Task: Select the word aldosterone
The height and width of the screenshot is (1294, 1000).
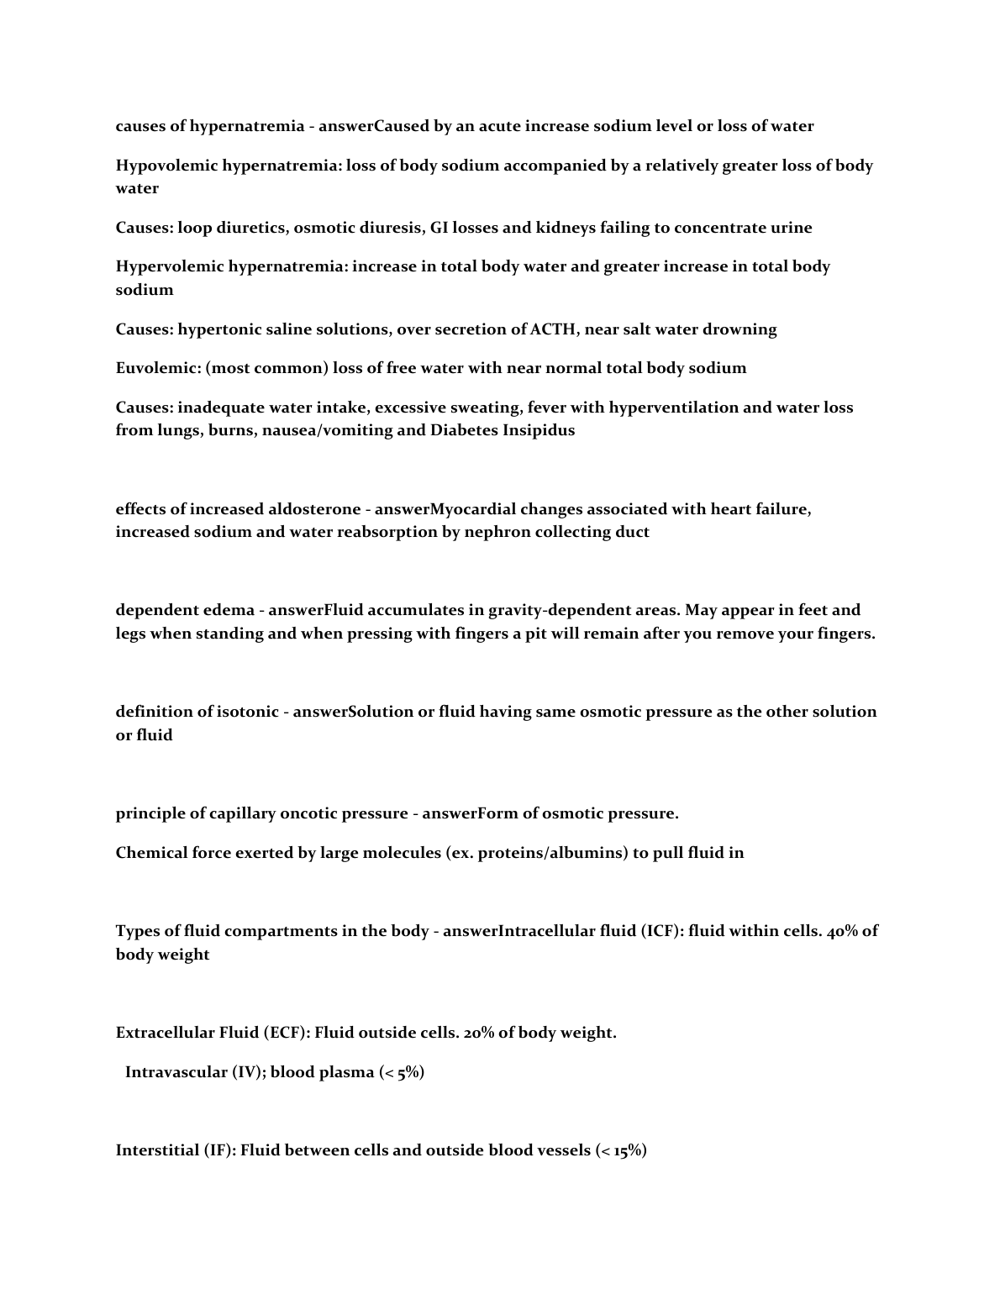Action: (x=314, y=509)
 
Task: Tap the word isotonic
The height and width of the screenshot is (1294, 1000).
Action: (x=248, y=712)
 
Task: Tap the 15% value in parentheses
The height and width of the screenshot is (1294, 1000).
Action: (x=628, y=1150)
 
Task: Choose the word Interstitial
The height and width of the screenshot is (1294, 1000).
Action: (x=157, y=1150)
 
